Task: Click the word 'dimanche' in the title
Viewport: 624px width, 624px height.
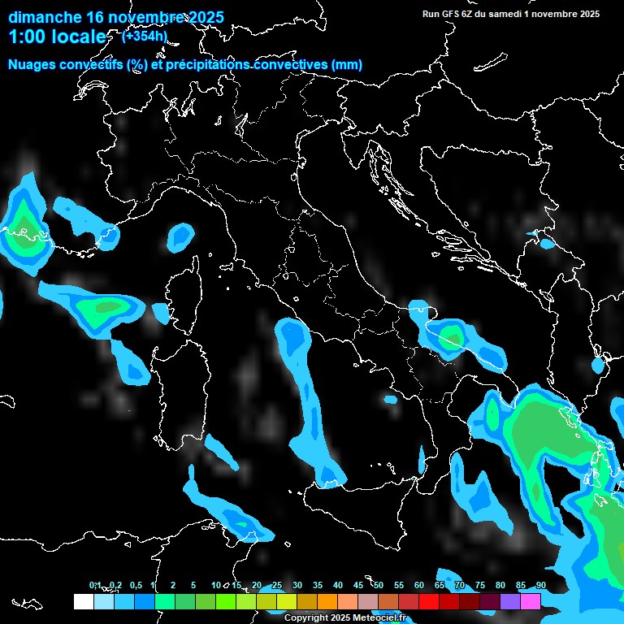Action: [x=45, y=17]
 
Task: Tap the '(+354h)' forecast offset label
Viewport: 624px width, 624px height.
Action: [x=144, y=36]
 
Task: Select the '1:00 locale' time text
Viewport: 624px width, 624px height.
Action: [x=57, y=37]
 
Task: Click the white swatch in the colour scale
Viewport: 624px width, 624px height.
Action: [x=83, y=601]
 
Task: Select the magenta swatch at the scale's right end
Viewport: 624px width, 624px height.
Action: [x=531, y=601]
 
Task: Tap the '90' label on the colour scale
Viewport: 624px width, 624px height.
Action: [x=540, y=586]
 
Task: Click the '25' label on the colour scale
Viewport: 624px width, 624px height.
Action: [x=276, y=586]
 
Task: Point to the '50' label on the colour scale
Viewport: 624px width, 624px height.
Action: [x=378, y=586]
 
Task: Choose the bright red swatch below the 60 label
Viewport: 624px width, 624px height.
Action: [x=429, y=601]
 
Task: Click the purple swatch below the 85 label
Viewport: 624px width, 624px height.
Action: [x=510, y=601]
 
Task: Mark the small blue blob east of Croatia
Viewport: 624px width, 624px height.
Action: [x=547, y=243]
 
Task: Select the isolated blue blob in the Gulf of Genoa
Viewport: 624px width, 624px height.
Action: [x=180, y=236]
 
